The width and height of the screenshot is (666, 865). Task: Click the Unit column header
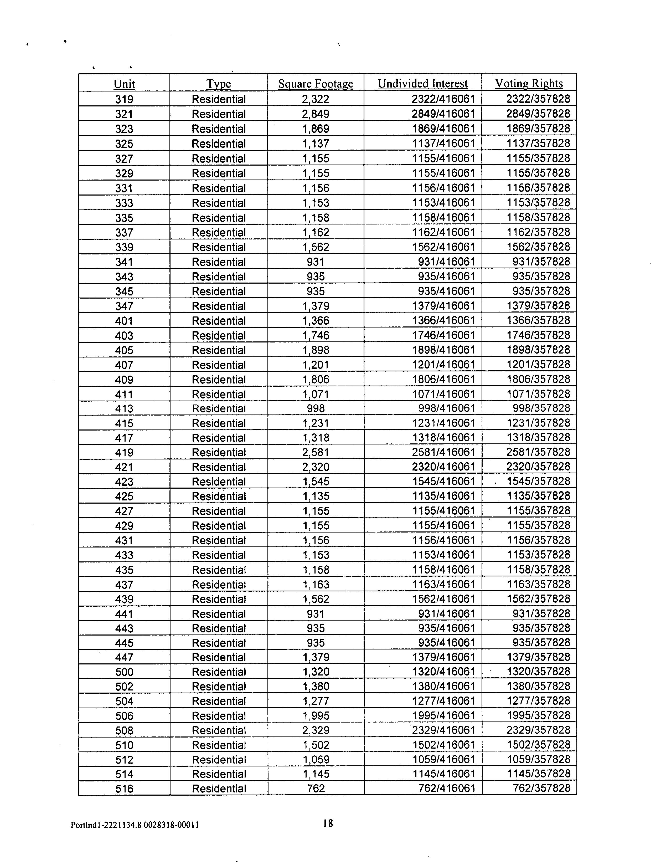(x=124, y=84)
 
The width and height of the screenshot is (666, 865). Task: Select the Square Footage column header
(x=316, y=84)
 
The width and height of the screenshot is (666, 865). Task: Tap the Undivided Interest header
(x=422, y=84)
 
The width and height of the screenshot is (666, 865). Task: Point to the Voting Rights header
(x=529, y=84)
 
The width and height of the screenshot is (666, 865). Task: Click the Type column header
(x=219, y=84)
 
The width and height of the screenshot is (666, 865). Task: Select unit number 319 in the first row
(x=124, y=99)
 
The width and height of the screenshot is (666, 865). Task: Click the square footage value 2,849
(x=316, y=114)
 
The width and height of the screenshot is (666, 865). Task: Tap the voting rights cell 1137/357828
(x=538, y=143)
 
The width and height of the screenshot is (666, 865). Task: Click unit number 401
(x=124, y=321)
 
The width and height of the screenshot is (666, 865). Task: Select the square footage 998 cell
(x=316, y=408)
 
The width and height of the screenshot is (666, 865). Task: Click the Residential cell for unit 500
(x=219, y=672)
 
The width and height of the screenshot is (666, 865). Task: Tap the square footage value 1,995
(x=316, y=716)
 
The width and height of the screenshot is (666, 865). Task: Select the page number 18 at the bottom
(x=328, y=823)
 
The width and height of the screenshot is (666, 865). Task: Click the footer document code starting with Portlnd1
(x=135, y=825)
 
